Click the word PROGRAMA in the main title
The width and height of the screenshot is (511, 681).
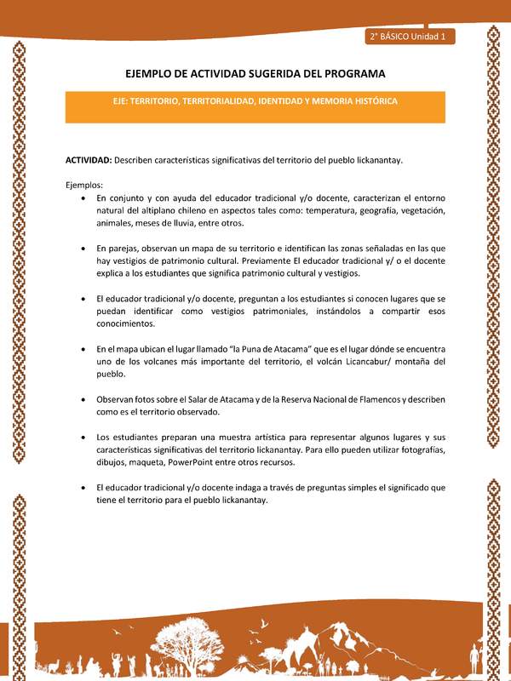(349, 73)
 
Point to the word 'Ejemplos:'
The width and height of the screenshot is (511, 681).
(83, 185)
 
